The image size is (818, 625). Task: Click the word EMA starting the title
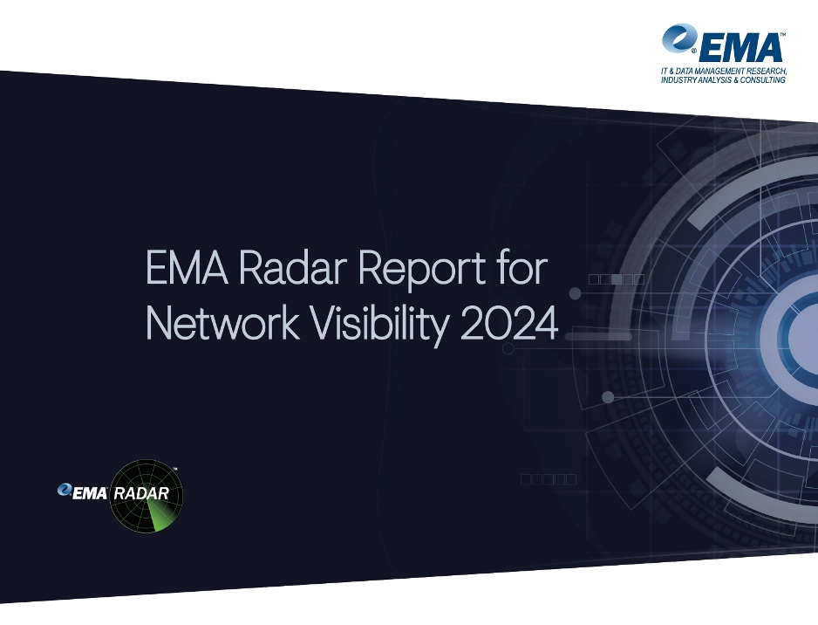(x=187, y=267)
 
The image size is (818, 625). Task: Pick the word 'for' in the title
(x=522, y=266)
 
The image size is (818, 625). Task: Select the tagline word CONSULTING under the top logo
(x=763, y=80)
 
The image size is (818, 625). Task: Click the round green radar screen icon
(x=147, y=496)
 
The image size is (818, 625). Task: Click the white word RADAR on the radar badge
(x=141, y=493)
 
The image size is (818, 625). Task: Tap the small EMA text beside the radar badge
(x=90, y=493)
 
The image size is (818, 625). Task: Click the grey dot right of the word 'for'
(x=575, y=293)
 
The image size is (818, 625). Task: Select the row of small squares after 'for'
(x=617, y=279)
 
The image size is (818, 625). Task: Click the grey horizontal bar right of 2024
(x=598, y=337)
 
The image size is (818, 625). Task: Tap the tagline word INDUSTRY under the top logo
(x=679, y=80)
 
